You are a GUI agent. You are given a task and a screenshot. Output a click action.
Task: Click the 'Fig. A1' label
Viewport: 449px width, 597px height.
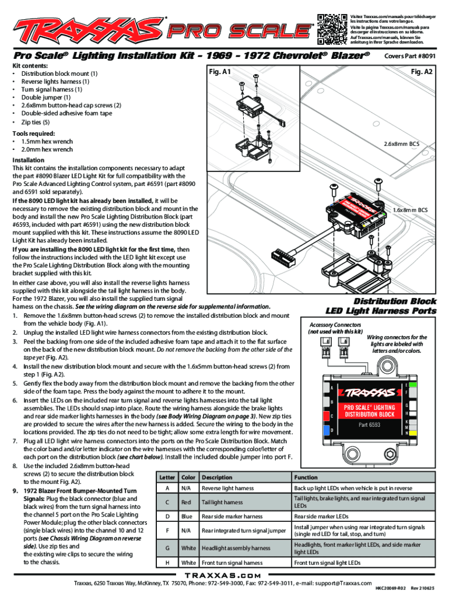[x=219, y=72]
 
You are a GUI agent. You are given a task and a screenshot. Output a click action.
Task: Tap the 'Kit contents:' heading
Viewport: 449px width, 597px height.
[x=30, y=66]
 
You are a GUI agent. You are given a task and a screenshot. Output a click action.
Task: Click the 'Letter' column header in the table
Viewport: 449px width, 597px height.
[x=168, y=477]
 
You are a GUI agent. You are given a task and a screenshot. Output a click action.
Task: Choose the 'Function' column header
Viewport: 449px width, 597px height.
[x=306, y=477]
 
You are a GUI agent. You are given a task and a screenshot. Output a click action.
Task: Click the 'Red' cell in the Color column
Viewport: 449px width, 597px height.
[x=187, y=503]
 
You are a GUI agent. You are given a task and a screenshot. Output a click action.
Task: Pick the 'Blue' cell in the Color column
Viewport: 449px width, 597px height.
[x=187, y=516]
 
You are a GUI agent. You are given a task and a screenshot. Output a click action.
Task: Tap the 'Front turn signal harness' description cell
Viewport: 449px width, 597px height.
[x=233, y=563]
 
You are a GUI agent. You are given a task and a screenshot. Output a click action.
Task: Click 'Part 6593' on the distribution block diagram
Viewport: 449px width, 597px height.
[x=366, y=424]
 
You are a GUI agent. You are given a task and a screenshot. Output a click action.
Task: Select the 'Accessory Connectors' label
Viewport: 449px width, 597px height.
[x=332, y=324]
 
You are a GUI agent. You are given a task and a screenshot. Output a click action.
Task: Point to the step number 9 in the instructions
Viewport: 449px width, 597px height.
[x=15, y=491]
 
